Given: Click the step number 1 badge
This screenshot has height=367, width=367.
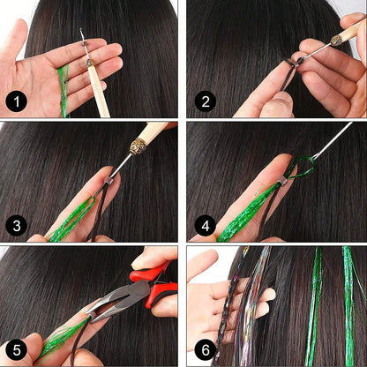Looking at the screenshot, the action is coord(17,101).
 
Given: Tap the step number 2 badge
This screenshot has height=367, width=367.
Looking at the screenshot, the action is coord(206,101).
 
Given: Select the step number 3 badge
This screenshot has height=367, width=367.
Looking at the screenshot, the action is coord(17,226).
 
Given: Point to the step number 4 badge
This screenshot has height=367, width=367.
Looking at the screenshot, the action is coord(206,226).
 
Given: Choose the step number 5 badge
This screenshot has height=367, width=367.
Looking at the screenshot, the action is coord(17,350).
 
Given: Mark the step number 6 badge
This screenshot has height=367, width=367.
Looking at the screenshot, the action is coord(206,350).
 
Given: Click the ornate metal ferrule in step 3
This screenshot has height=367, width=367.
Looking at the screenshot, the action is coord(138,146).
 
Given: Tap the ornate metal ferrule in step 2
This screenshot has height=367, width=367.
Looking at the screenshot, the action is coord(337,40).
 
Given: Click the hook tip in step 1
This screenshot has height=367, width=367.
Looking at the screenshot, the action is coord(81,30).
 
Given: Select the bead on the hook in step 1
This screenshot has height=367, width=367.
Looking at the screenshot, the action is coord(85,44).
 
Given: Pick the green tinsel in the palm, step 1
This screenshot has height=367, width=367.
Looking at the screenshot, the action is coord(64,90).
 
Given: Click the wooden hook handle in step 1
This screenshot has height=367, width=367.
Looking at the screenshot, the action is coord(99,91).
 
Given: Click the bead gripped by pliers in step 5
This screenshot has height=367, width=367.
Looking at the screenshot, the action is coord(93,316).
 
